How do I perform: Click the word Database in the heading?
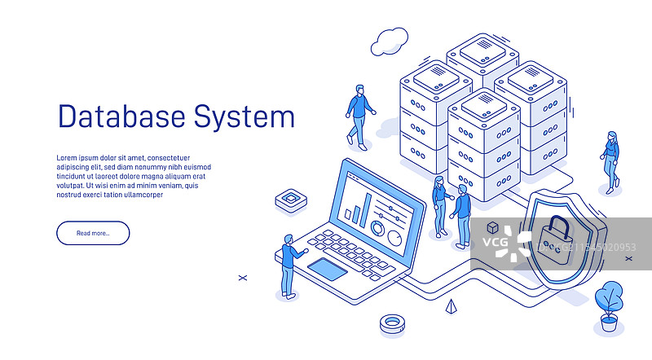(x=121, y=116)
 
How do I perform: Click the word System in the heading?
(x=244, y=117)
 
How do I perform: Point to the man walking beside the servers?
(x=359, y=113)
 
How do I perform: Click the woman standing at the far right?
(x=610, y=160)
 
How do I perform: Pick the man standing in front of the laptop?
(x=289, y=266)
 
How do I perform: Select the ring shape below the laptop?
(x=392, y=323)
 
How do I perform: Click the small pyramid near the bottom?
(x=451, y=307)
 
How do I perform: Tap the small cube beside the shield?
(x=492, y=228)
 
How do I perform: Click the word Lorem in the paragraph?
(x=67, y=158)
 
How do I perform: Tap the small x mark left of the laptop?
(x=242, y=278)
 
